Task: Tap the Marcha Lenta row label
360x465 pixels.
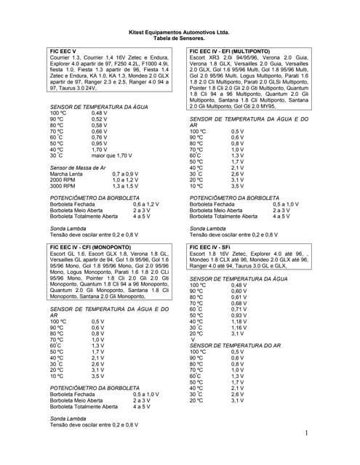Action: tap(65, 174)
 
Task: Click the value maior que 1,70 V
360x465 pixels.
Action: tap(112, 155)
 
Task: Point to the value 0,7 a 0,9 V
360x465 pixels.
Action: tap(124, 174)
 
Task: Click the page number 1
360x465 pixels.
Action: tap(307, 434)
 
